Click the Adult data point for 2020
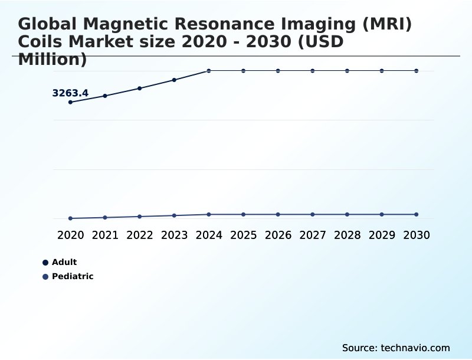click(x=71, y=102)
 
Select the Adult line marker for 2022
click(x=140, y=89)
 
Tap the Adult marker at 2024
click(x=209, y=71)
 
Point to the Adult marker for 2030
click(x=417, y=71)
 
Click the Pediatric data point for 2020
click(x=71, y=218)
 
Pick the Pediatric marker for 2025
click(x=243, y=214)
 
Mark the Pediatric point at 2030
click(x=417, y=214)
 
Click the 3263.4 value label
click(x=70, y=93)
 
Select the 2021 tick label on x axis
click(x=105, y=235)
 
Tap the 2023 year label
click(x=174, y=235)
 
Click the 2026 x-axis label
click(x=278, y=235)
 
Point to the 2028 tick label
click(x=347, y=235)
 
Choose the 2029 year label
click(x=382, y=235)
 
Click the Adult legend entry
click(x=64, y=262)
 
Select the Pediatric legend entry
click(x=72, y=276)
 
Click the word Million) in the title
click(x=53, y=59)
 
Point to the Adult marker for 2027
click(x=313, y=71)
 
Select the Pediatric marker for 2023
click(x=174, y=215)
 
